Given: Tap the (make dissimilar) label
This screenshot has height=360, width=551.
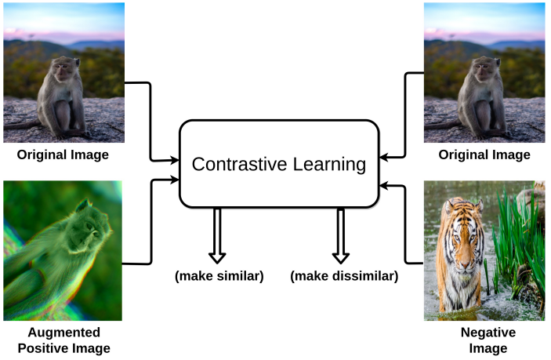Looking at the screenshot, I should pyautogui.click(x=344, y=276).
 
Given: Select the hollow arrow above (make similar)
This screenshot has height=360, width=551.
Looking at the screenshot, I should pyautogui.click(x=217, y=235).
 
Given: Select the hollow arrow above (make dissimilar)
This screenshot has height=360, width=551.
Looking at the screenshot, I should pyautogui.click(x=340, y=235).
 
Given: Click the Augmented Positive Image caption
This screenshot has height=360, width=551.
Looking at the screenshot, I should pyautogui.click(x=63, y=340).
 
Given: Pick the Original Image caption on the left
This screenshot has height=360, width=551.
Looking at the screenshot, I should pyautogui.click(x=63, y=155).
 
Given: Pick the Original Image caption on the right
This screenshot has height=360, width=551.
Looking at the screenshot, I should pyautogui.click(x=484, y=155).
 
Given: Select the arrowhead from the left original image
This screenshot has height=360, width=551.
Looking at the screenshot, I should pyautogui.click(x=175, y=160).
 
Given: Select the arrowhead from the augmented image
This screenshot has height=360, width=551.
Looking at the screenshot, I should pyautogui.click(x=175, y=180).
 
